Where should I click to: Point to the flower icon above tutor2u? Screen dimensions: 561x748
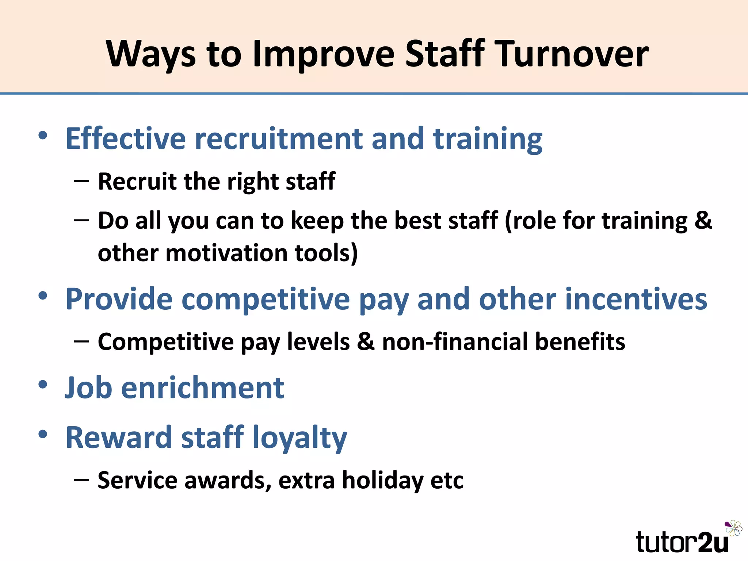pos(733,528)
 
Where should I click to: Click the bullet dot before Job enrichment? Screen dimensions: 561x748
pos(43,384)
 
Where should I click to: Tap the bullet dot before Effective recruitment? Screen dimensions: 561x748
pos(43,136)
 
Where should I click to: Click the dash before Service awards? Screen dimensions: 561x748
pos(81,479)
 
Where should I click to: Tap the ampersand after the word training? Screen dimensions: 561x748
pos(703,221)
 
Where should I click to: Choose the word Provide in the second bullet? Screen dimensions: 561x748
pos(119,299)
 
